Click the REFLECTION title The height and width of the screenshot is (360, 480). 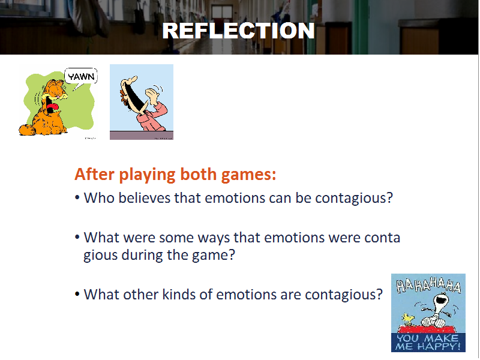238,31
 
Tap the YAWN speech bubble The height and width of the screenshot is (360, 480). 81,77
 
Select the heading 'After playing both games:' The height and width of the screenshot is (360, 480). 175,174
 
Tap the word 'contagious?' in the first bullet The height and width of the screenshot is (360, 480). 354,199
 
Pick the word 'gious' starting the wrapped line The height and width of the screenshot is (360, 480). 101,256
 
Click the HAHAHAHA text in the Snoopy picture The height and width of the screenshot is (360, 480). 428,286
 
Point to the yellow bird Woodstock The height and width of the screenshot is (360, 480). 407,319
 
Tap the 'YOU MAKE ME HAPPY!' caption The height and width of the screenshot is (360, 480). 428,342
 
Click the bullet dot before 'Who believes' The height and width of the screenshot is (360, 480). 77,198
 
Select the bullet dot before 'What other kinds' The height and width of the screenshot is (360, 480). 77,294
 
